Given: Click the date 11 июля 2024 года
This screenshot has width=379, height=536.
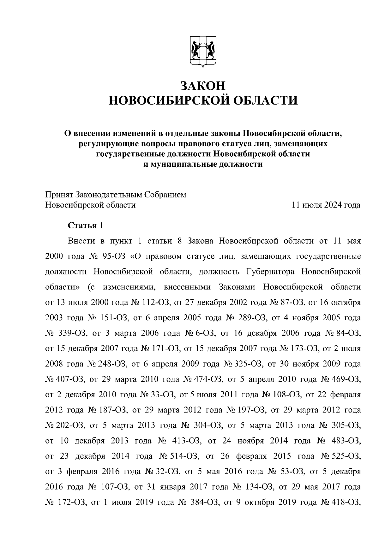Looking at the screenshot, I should (x=326, y=205).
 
